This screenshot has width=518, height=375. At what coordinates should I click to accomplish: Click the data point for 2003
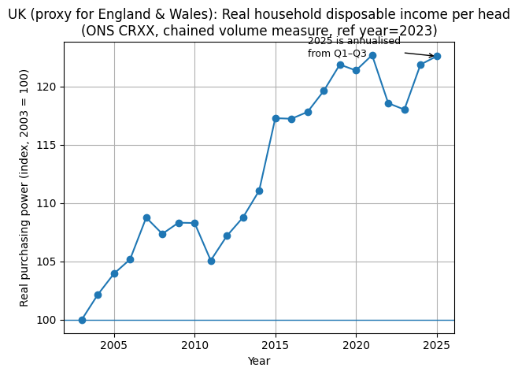pos(82,320)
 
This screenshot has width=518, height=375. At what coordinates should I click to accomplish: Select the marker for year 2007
pos(146,217)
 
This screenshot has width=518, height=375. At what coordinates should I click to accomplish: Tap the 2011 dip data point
pos(211,261)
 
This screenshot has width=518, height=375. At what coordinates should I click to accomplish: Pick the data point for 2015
pos(276,118)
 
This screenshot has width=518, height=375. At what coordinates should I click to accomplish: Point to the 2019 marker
pos(340,65)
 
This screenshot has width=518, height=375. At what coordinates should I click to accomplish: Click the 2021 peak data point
pos(372,55)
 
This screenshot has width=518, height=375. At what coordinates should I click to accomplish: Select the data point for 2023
pos(405,110)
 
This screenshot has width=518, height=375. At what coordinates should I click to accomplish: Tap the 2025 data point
pos(437,56)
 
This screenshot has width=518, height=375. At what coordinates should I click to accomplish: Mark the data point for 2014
pos(259,191)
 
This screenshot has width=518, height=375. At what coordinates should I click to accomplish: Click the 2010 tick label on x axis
pos(194,345)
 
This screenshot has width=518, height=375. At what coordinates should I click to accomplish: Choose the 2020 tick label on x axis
pos(356,345)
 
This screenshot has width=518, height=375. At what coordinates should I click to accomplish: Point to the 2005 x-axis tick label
pos(114,345)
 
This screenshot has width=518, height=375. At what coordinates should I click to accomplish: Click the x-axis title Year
pos(259,361)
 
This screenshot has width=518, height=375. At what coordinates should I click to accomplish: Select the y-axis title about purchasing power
pos(24,187)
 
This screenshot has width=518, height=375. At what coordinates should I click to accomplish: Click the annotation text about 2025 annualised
pos(353,47)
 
